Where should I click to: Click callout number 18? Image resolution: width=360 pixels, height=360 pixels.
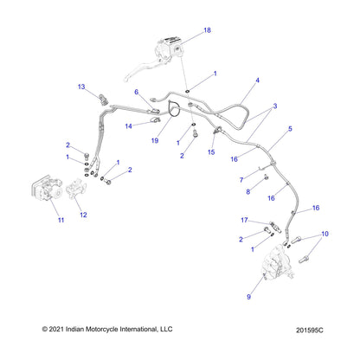(207, 30)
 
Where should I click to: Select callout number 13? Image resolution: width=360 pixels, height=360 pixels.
(81, 87)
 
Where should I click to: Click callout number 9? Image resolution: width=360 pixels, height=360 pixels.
(251, 296)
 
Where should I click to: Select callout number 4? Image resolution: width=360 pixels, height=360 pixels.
(257, 80)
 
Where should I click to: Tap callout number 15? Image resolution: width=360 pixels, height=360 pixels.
(210, 153)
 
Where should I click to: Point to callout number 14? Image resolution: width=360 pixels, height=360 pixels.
(128, 126)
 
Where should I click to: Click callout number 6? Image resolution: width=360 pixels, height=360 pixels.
(137, 92)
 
